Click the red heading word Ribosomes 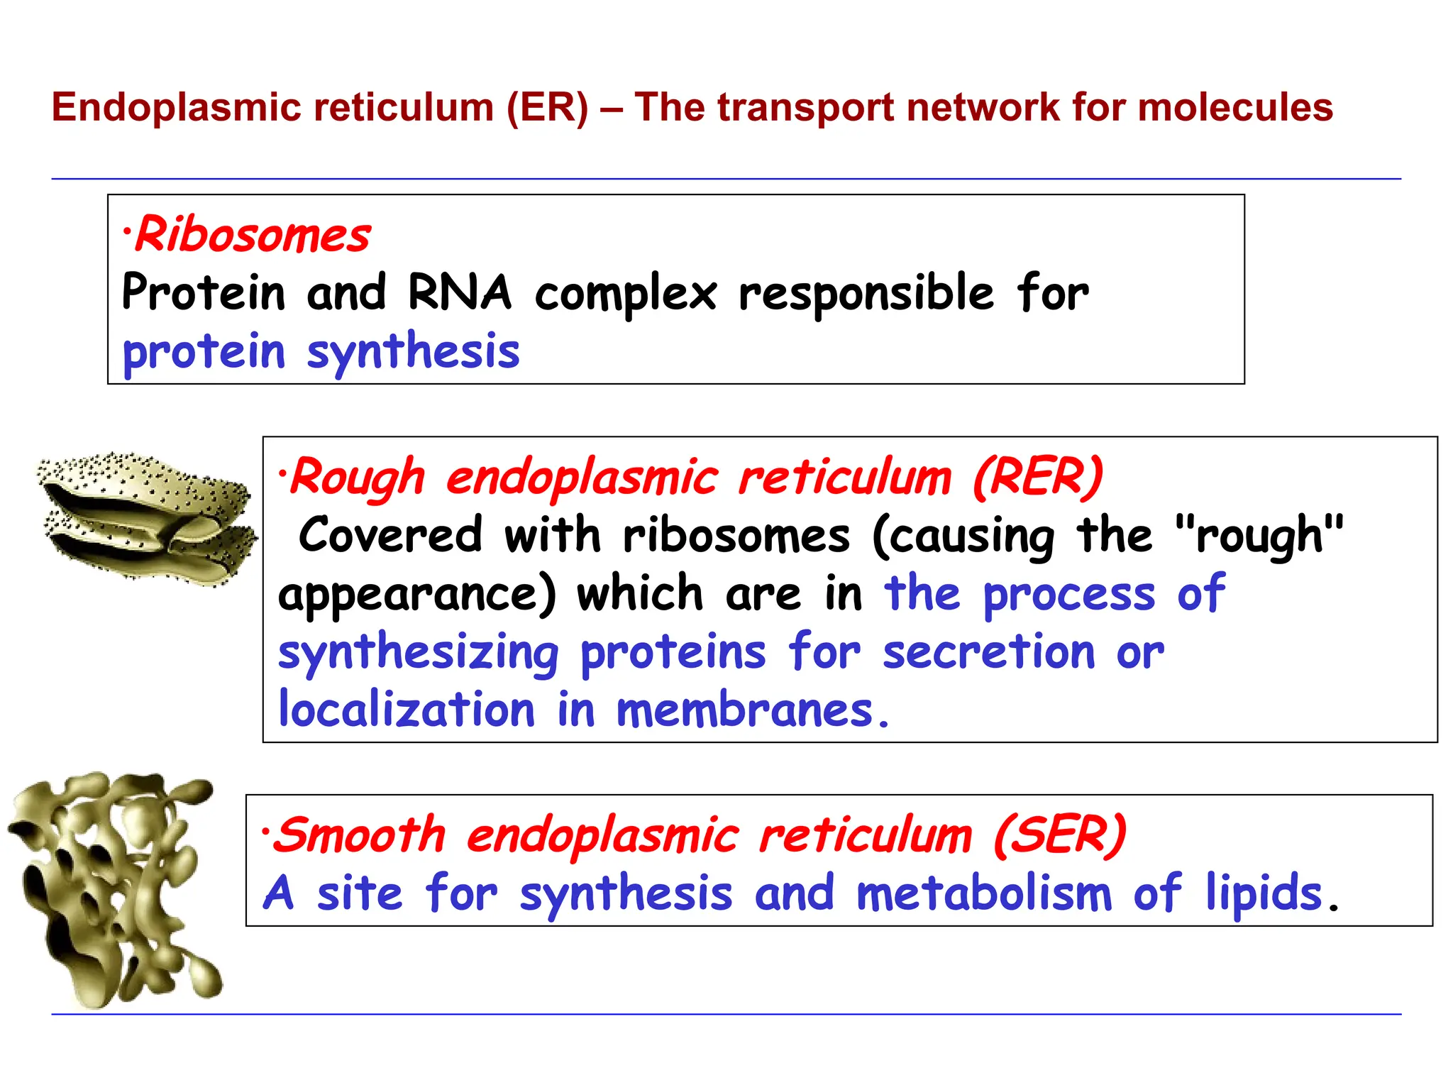click(253, 235)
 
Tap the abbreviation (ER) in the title click(547, 108)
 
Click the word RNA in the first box click(459, 292)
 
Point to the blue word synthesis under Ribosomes click(413, 353)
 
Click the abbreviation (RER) click(1037, 477)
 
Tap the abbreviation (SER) click(1059, 835)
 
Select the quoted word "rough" click(1259, 535)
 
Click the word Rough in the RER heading click(358, 477)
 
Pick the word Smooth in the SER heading click(360, 835)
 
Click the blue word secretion click(988, 651)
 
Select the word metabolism click(984, 893)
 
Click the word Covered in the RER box click(390, 535)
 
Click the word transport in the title click(805, 108)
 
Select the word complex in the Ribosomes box click(626, 294)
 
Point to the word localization click(407, 710)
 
